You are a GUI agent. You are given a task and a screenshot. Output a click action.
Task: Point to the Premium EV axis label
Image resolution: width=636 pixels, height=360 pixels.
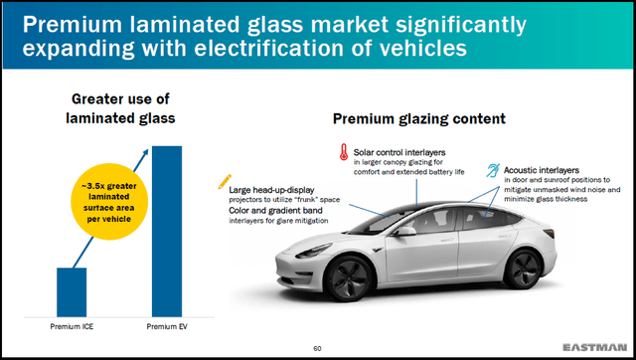tap(166, 326)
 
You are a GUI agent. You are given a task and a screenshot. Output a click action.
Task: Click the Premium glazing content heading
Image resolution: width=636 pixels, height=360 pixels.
tap(418, 119)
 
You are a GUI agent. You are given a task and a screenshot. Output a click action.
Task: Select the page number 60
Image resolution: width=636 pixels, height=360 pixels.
tap(318, 347)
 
